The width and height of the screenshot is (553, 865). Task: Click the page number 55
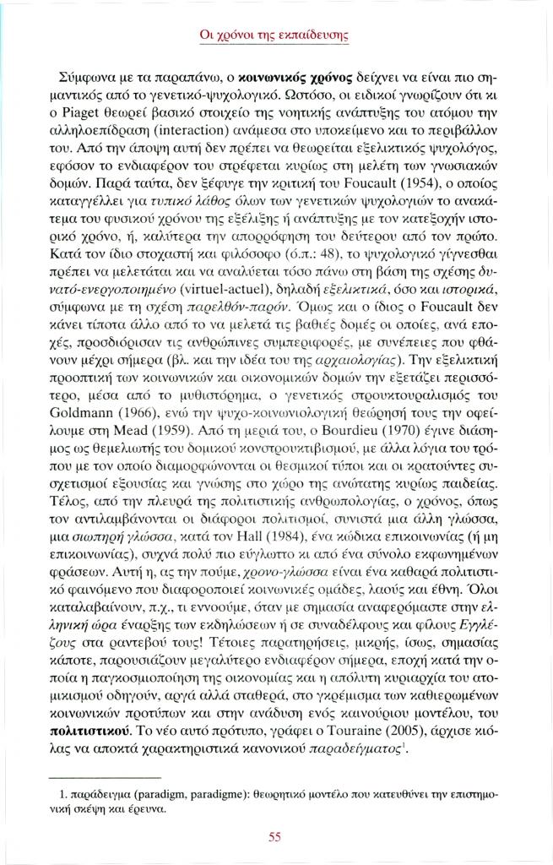coord(274,837)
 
